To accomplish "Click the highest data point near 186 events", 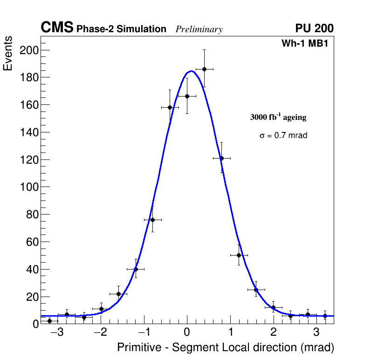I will point(204,69).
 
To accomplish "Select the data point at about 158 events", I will point(170,107).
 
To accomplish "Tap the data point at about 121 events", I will point(221,158).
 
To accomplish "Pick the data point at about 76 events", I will point(152,220).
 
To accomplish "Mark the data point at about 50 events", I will point(239,255).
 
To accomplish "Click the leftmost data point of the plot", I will point(49,321).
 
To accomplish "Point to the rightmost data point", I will point(325,316).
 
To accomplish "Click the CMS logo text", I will point(57,28).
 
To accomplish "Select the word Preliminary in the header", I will point(199,29).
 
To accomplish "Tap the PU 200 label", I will point(314,28).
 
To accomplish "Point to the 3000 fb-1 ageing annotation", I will point(278,117).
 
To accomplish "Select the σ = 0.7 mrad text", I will point(283,136).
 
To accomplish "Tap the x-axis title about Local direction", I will point(226,348).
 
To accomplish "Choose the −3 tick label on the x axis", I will point(57,332).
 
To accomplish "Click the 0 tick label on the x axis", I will point(187,332).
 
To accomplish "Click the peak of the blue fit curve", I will point(191,71).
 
